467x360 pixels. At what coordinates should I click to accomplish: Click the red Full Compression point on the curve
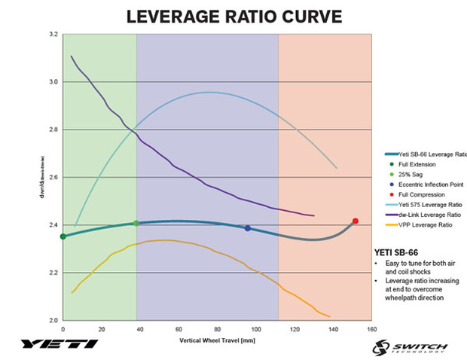tap(356, 221)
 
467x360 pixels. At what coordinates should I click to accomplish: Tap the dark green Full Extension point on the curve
tap(63, 236)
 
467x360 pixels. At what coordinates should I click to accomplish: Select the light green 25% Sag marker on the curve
tap(136, 223)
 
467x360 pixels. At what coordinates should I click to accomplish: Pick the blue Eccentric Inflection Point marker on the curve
tap(247, 228)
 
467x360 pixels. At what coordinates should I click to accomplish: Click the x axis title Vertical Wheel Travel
tap(217, 340)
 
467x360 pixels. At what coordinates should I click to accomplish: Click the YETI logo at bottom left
tap(60, 344)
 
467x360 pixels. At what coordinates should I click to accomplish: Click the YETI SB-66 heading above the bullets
tap(395, 253)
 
